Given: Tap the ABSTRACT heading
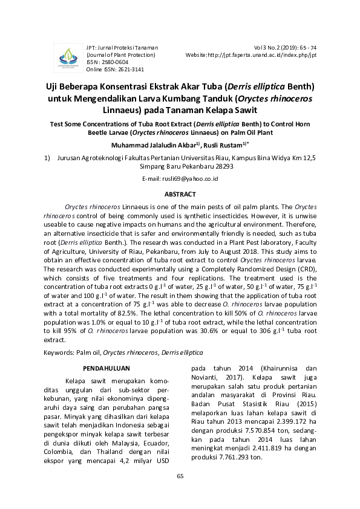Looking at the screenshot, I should pos(180,194).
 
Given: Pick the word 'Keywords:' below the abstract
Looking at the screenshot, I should pos(60,352).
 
